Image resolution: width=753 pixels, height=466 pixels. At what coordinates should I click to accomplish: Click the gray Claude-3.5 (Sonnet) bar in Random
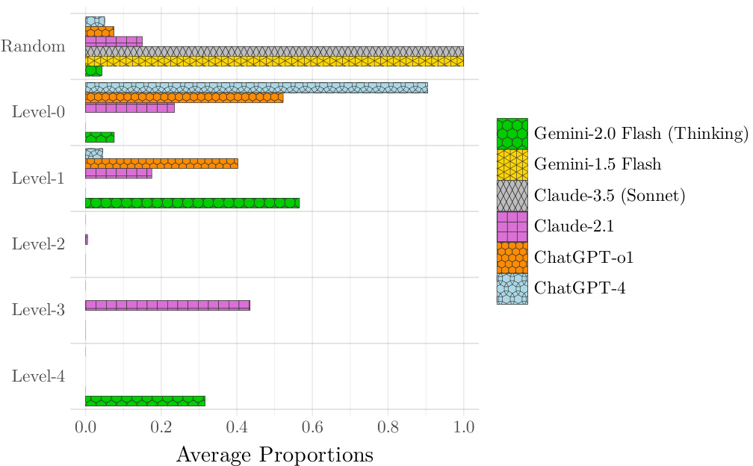pyautogui.click(x=274, y=52)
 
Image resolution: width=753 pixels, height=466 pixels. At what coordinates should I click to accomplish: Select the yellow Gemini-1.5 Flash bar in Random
pyautogui.click(x=274, y=61)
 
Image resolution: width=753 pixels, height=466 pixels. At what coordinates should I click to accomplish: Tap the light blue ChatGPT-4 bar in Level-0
pyautogui.click(x=256, y=87)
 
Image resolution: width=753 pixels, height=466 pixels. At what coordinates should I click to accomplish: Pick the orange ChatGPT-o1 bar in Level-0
pyautogui.click(x=184, y=97)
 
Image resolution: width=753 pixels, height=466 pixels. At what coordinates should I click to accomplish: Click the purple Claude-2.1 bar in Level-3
pyautogui.click(x=167, y=305)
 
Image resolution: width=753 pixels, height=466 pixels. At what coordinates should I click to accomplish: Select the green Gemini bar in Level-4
pyautogui.click(x=145, y=401)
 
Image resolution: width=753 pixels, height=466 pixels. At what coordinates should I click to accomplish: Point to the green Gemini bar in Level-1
pyautogui.click(x=192, y=202)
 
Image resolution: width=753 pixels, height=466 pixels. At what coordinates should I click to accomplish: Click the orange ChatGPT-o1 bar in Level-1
pyautogui.click(x=161, y=163)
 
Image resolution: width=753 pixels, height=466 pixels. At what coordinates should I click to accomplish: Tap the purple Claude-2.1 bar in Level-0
pyautogui.click(x=130, y=108)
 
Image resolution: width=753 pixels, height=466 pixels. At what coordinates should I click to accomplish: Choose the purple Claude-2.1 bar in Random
pyautogui.click(x=114, y=41)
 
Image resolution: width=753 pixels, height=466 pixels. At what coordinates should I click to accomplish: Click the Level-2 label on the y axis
pyautogui.click(x=38, y=244)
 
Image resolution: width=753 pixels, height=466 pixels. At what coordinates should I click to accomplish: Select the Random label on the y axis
pyautogui.click(x=33, y=46)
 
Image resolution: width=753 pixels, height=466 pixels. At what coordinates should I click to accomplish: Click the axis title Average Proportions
pyautogui.click(x=274, y=454)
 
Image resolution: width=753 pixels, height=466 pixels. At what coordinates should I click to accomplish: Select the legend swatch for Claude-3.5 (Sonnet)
pyautogui.click(x=512, y=196)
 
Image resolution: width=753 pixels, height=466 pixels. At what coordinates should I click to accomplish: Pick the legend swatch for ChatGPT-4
pyautogui.click(x=512, y=289)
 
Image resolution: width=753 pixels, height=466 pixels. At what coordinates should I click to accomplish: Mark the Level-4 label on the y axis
pyautogui.click(x=38, y=376)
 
